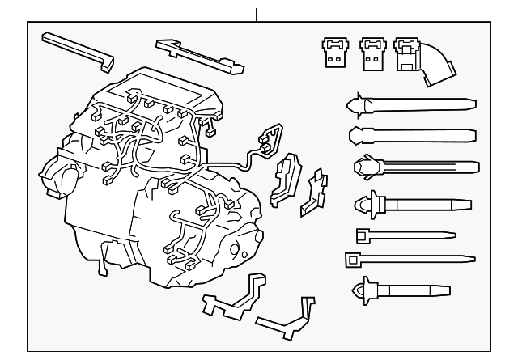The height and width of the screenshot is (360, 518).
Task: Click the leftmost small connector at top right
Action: point(333,51)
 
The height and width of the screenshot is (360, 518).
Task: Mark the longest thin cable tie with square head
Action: point(409,260)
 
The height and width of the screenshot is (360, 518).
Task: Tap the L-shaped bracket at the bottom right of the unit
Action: point(287,319)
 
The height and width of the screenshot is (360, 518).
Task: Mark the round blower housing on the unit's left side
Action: point(59,178)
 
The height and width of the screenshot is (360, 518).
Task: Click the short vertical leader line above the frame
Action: point(257,14)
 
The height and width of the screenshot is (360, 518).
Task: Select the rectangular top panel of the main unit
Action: point(162,90)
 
